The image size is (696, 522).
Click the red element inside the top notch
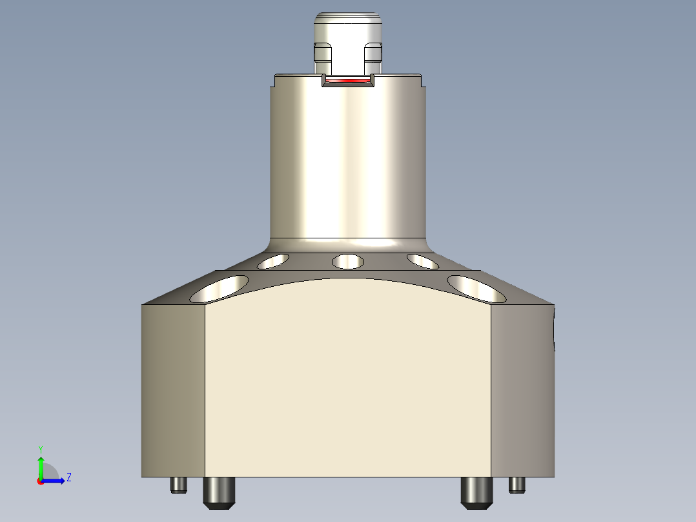[348, 81]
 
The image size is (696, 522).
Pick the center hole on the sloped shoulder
[347, 262]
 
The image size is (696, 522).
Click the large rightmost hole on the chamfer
[476, 289]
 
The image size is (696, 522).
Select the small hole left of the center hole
[272, 261]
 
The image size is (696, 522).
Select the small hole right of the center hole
[423, 261]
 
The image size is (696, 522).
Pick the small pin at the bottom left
[179, 485]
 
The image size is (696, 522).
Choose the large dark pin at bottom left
[219, 492]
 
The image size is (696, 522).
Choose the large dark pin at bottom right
[476, 492]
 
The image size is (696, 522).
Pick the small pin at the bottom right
[517, 485]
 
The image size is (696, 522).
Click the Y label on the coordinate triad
[40, 448]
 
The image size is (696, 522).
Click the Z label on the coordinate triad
[68, 477]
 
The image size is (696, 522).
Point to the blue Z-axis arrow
[54, 481]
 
